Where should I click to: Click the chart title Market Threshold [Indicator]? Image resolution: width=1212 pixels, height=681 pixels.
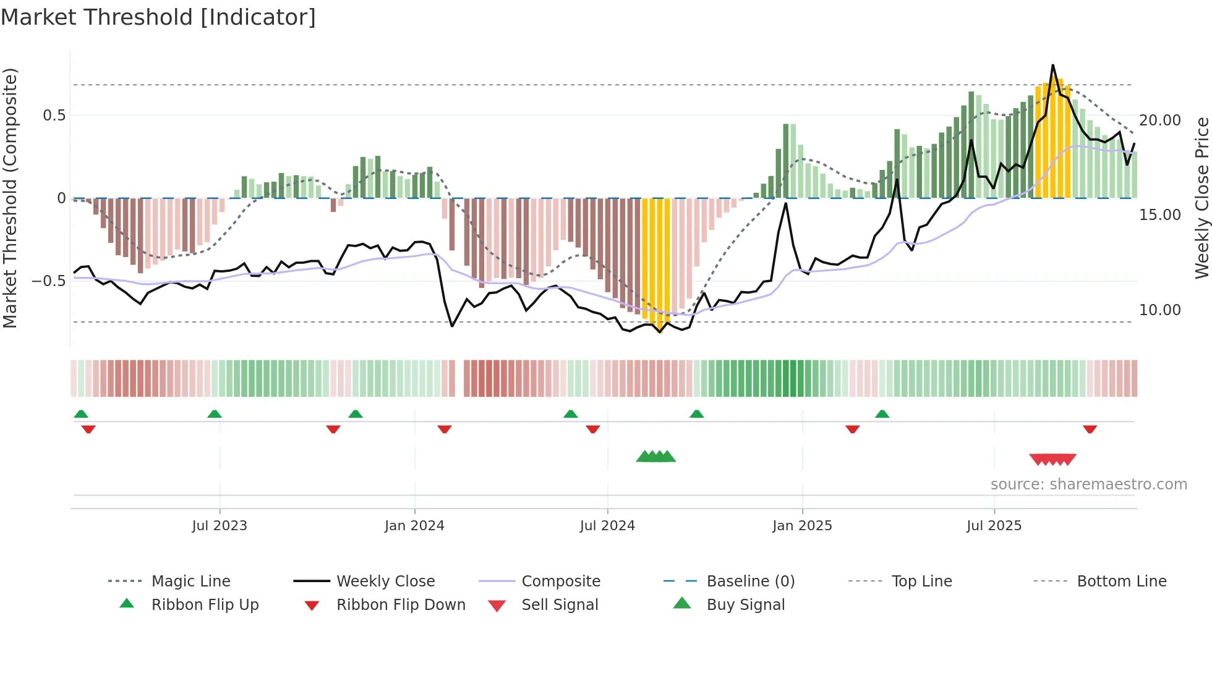pyautogui.click(x=158, y=17)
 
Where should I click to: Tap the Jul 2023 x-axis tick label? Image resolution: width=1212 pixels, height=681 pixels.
pyautogui.click(x=220, y=526)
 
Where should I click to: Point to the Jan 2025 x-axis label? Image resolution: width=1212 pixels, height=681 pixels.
pyautogui.click(x=802, y=526)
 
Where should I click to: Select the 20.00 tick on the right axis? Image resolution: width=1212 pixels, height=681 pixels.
pyautogui.click(x=1159, y=121)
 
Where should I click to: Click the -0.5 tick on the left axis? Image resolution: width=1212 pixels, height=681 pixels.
pyautogui.click(x=49, y=281)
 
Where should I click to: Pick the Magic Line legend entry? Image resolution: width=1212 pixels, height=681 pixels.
pyautogui.click(x=190, y=582)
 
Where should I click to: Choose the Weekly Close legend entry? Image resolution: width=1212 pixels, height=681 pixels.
pyautogui.click(x=385, y=582)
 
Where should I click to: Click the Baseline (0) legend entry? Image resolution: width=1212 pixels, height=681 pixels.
pyautogui.click(x=750, y=582)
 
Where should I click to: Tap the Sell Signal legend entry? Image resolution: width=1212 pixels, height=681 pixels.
pyautogui.click(x=560, y=605)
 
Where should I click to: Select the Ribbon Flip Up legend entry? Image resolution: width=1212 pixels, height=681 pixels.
pyautogui.click(x=205, y=605)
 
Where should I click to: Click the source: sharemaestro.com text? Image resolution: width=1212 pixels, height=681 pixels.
pyautogui.click(x=1088, y=484)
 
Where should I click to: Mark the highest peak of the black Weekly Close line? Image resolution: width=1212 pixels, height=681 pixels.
pyautogui.click(x=1052, y=66)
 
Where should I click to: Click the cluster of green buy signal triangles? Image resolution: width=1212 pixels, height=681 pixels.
pyautogui.click(x=655, y=457)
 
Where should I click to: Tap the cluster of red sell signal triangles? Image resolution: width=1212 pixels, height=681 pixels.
pyautogui.click(x=1052, y=459)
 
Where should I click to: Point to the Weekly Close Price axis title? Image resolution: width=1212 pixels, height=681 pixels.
pyautogui.click(x=1201, y=198)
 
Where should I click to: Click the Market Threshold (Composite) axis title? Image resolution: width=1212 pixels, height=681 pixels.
pyautogui.click(x=10, y=198)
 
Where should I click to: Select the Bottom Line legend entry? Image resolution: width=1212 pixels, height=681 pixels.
pyautogui.click(x=1121, y=582)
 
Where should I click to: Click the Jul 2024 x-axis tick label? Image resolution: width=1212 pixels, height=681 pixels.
pyautogui.click(x=607, y=526)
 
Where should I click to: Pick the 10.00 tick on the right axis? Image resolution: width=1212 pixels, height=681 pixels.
pyautogui.click(x=1159, y=310)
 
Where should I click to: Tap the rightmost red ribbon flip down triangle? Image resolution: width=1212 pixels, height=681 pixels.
pyautogui.click(x=1090, y=429)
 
